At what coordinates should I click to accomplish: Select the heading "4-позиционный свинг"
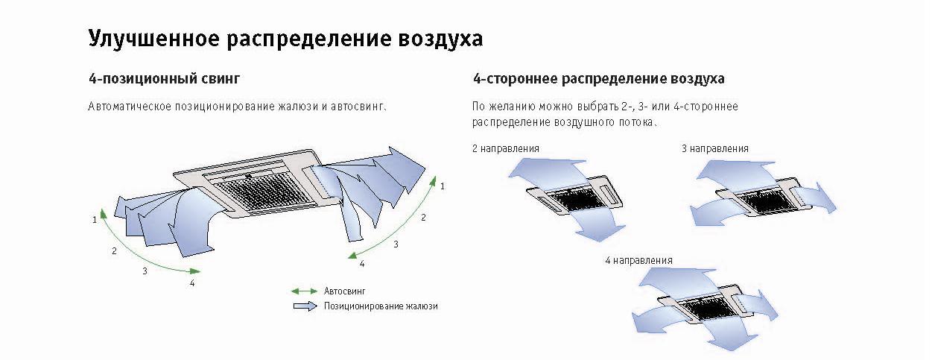165,79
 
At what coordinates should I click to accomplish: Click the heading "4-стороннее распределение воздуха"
598,79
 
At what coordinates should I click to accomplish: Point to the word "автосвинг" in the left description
358,107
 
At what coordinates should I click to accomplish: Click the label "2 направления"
506,148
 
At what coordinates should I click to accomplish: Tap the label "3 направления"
714,148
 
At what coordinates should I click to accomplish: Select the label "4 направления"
638,261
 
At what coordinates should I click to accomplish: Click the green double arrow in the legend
304,291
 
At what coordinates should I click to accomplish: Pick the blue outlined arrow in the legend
305,306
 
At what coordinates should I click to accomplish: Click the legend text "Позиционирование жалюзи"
381,306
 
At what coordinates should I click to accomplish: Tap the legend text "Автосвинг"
344,291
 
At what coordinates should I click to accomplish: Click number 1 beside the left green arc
95,219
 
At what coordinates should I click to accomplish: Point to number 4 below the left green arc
191,283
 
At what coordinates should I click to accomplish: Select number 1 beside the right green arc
443,186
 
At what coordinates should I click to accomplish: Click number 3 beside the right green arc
396,244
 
